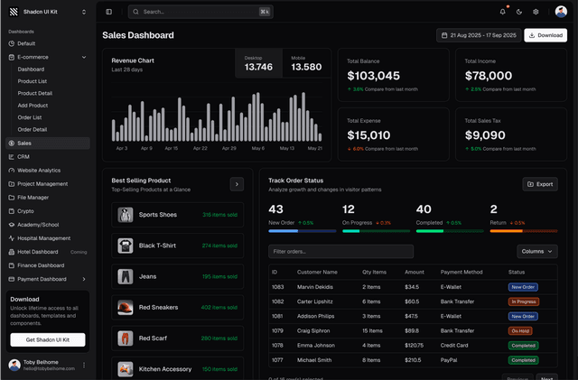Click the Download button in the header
[545, 35]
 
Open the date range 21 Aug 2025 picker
[478, 35]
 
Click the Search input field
[200, 12]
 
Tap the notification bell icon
[503, 12]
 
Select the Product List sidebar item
[32, 81]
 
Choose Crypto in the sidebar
[25, 210]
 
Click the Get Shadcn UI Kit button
[48, 339]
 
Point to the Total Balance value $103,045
[373, 76]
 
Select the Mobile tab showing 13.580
[306, 63]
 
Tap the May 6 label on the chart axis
[258, 148]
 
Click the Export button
[540, 184]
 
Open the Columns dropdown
[537, 251]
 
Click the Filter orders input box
[340, 251]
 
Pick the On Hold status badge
[519, 330]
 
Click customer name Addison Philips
[317, 316]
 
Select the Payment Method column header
[462, 271]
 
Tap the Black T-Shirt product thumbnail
[126, 246]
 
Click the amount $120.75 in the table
[415, 345]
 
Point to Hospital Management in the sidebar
[43, 238]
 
